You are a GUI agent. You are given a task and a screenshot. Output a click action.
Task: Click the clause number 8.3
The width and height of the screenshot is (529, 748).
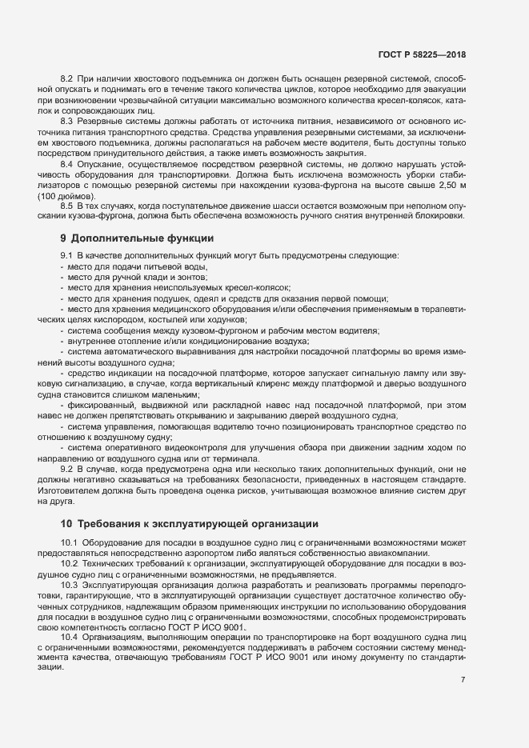(x=66, y=119)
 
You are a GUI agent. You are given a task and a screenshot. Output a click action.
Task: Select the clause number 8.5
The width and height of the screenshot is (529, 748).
(x=66, y=204)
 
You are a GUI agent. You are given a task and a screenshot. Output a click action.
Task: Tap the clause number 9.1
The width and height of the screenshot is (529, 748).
(x=66, y=255)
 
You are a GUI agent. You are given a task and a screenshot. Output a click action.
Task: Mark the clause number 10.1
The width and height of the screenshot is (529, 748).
(x=69, y=542)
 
